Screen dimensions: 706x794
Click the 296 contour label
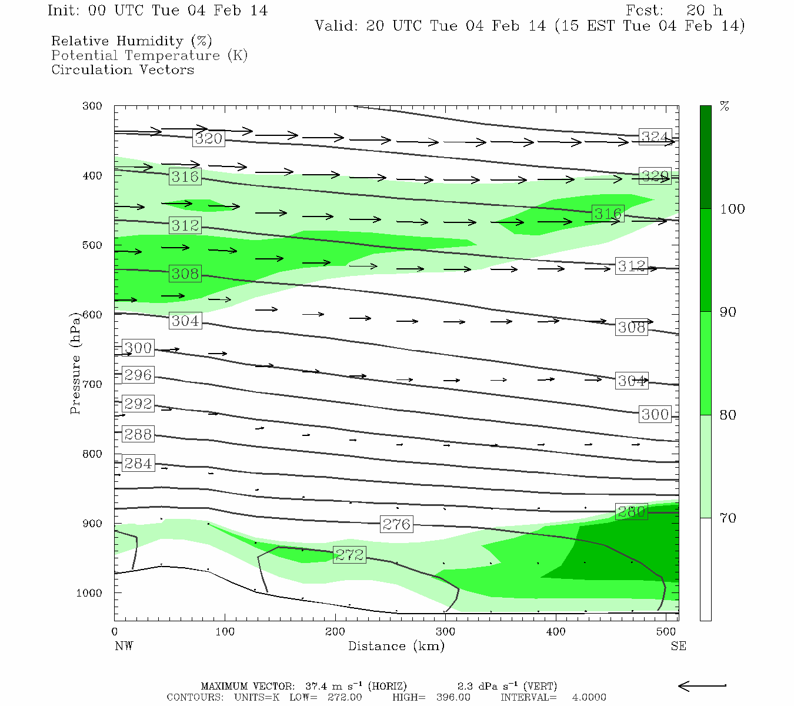[138, 375]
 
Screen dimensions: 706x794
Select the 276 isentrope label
[396, 524]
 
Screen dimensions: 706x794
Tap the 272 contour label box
[349, 554]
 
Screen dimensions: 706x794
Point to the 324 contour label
[655, 137]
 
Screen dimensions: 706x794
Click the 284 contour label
[138, 463]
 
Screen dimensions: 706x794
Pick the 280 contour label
[631, 511]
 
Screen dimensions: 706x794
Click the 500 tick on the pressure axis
[92, 245]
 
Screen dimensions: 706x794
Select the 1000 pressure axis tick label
[89, 593]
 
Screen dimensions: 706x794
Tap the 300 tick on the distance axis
[445, 632]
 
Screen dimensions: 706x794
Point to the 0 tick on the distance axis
[115, 632]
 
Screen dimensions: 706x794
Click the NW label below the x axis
[124, 646]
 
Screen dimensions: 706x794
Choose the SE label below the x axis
[678, 646]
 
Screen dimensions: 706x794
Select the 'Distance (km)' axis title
[396, 646]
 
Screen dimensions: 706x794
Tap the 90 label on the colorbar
[728, 312]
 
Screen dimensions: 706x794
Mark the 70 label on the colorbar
[728, 518]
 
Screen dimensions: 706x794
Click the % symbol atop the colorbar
[725, 106]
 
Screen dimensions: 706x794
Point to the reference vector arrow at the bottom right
[702, 685]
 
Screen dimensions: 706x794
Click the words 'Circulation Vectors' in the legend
[122, 69]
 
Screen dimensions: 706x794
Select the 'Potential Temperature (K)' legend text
[149, 55]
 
